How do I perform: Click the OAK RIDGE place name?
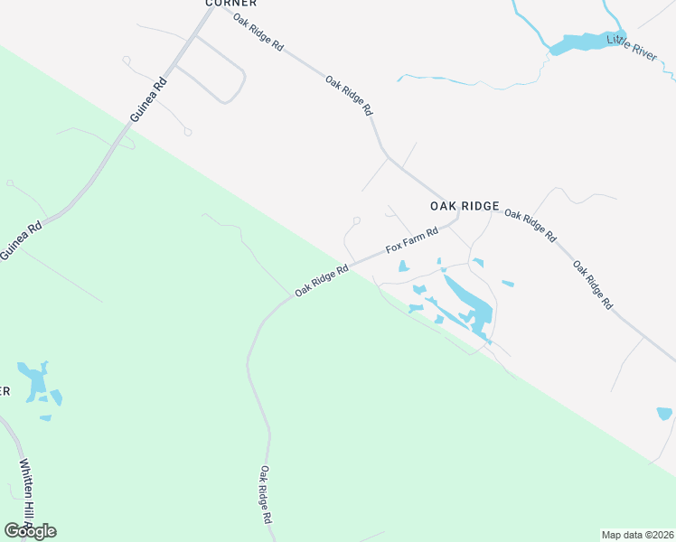point(464,206)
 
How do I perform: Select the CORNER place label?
point(226,4)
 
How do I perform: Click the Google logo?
point(30,530)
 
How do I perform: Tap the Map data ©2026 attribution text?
point(637,535)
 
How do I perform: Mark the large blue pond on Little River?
point(577,42)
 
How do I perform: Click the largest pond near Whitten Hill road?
point(36,381)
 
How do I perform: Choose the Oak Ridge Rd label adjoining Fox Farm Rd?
point(322,280)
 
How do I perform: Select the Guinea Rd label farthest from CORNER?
point(21,241)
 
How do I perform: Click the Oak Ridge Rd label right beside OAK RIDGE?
point(530,225)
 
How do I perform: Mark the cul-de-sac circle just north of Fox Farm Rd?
point(357,220)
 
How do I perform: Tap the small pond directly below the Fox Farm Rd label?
point(403,266)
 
